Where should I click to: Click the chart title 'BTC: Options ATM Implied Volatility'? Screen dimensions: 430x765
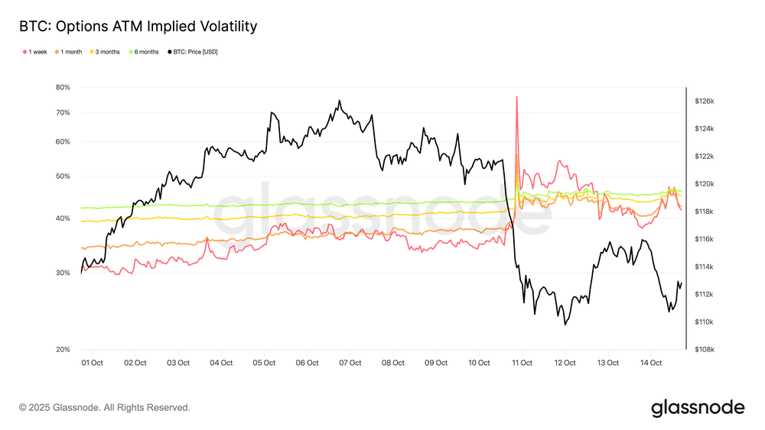(138, 27)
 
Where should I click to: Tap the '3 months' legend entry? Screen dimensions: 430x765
(105, 52)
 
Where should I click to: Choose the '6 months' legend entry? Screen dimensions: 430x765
(145, 52)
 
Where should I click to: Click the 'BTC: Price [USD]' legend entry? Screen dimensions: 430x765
(192, 52)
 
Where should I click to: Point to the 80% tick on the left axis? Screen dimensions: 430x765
(63, 87)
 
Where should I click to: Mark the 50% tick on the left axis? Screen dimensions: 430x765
(63, 176)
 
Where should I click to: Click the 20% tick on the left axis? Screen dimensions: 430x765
(63, 350)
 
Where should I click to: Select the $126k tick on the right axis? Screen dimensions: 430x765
(704, 101)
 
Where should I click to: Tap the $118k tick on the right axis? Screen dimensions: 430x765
(704, 212)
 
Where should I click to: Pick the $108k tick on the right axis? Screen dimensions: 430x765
(704, 350)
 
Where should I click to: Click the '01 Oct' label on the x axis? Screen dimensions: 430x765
(92, 363)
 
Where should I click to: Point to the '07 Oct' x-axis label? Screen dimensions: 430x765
(350, 363)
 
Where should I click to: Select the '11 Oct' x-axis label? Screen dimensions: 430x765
(522, 363)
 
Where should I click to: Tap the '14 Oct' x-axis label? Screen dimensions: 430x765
(650, 363)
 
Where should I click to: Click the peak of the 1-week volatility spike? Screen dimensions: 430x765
(517, 97)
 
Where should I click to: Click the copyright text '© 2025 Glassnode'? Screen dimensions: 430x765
(104, 408)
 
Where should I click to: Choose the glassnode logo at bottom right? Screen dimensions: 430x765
(697, 408)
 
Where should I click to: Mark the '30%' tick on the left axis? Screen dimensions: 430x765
(63, 273)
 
